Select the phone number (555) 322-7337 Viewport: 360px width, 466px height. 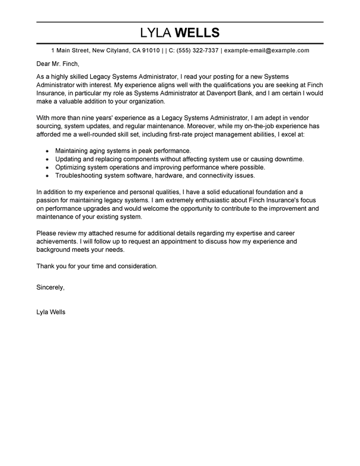(197, 50)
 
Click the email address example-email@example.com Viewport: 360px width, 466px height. (267, 50)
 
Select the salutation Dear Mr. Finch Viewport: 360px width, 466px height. (58, 64)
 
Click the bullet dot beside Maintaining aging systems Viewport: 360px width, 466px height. (47, 151)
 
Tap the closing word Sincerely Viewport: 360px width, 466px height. (50, 287)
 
